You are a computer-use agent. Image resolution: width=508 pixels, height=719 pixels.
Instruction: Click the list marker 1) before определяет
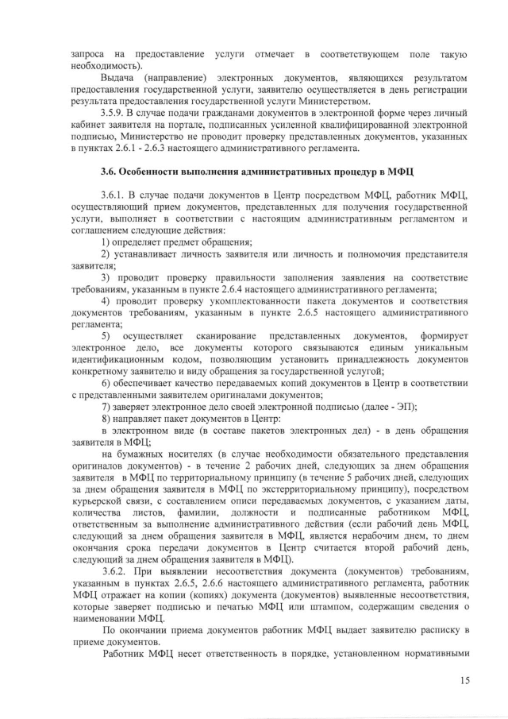106,241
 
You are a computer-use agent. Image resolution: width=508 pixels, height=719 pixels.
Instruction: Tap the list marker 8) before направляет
106,419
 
